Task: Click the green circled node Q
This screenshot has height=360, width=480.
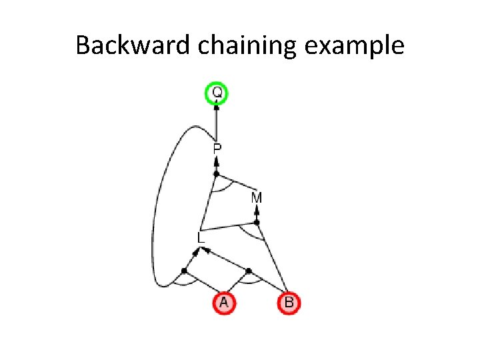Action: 217,93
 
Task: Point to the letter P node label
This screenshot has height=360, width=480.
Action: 217,149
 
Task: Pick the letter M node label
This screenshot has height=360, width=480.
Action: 257,198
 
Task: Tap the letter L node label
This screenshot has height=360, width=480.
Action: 201,237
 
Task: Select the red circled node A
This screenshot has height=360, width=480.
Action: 224,303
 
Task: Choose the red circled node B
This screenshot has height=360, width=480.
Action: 289,303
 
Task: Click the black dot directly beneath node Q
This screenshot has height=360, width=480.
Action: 217,107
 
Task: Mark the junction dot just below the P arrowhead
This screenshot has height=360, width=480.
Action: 216,174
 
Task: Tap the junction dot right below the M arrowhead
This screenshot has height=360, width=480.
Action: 257,222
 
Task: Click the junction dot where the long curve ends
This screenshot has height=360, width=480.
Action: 184,271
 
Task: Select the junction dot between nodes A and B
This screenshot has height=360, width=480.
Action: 249,271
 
